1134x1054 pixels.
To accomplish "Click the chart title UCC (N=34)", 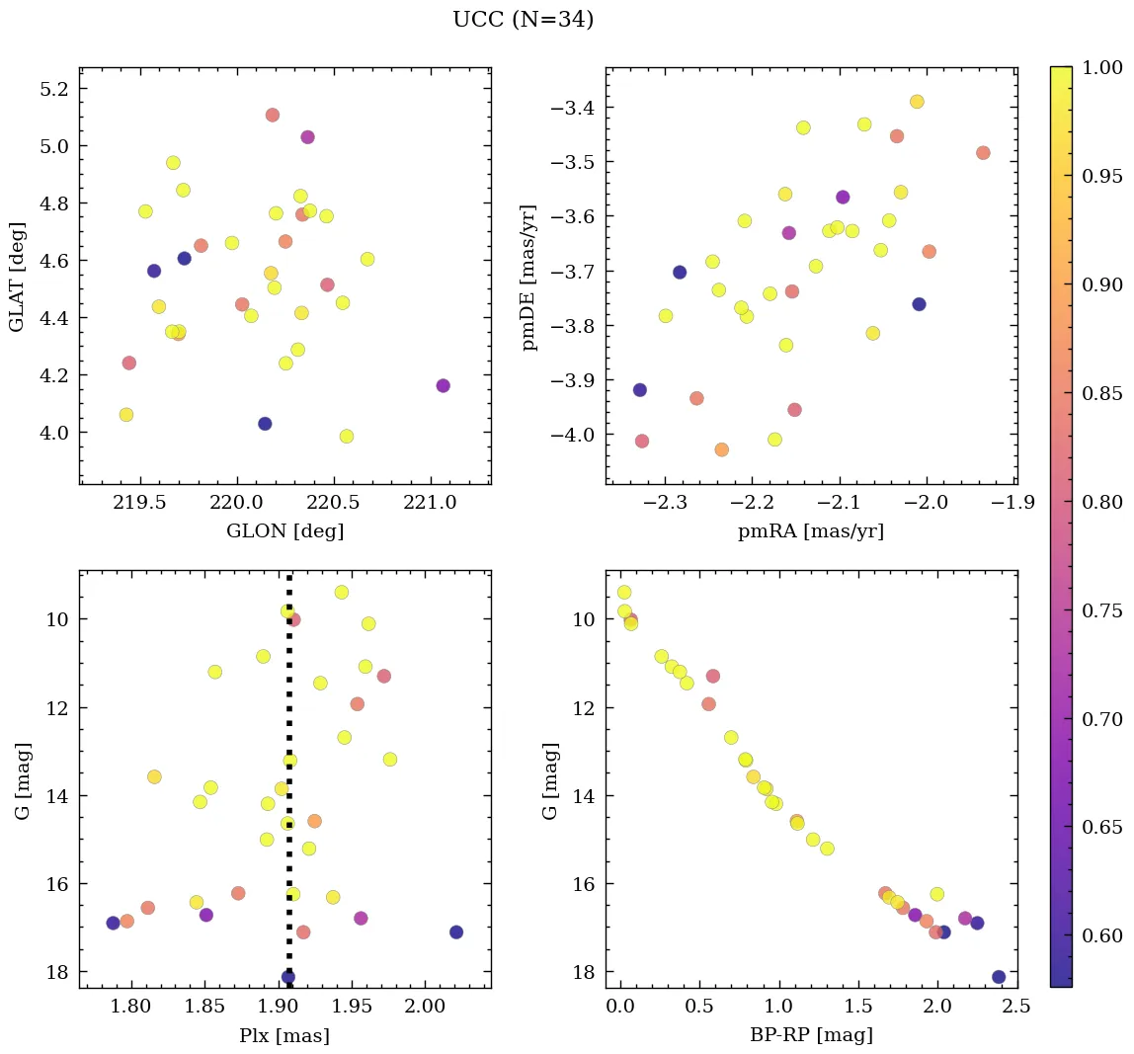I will (x=523, y=20).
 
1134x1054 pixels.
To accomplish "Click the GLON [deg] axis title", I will (x=284, y=531).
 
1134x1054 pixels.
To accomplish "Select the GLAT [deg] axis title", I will (x=17, y=277).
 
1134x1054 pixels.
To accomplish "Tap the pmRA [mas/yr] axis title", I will (x=810, y=531).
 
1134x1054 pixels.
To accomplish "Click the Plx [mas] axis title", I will (x=284, y=1036).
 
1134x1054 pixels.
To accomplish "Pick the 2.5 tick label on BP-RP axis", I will (x=1017, y=1008).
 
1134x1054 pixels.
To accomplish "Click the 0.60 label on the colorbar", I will (x=1103, y=935).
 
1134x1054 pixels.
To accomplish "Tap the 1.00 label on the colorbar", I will (x=1103, y=67).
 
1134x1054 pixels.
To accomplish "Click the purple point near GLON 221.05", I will (x=443, y=385).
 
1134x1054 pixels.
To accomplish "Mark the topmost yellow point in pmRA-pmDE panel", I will (x=917, y=102).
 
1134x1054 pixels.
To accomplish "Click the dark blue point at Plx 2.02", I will (x=455, y=932).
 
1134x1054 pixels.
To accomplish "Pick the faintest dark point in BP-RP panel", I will (x=999, y=977).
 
